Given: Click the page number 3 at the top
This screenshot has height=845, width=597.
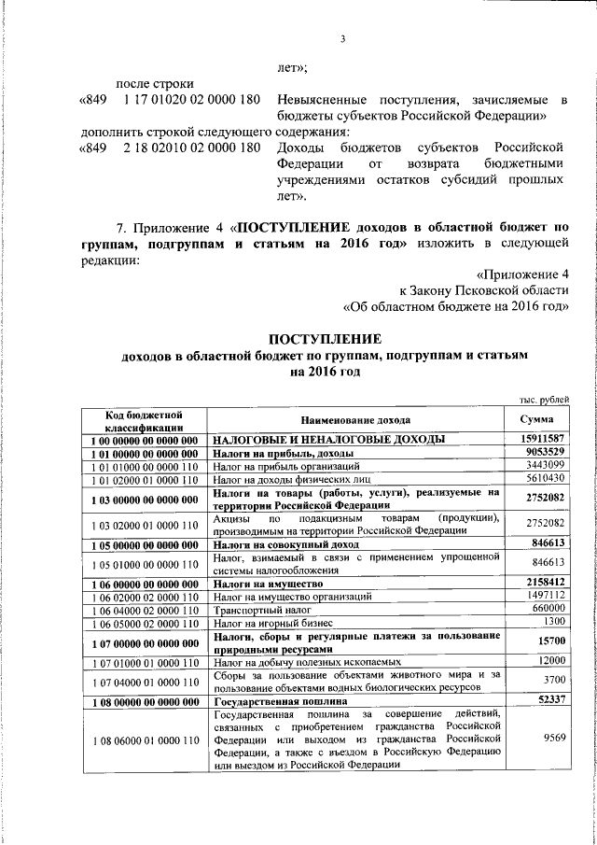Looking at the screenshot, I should [x=342, y=38].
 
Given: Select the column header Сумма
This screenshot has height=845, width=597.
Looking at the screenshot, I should [x=542, y=420].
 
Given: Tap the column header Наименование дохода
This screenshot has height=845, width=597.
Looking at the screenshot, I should [x=355, y=420].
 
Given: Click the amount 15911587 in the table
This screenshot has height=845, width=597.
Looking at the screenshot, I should [x=542, y=439].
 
